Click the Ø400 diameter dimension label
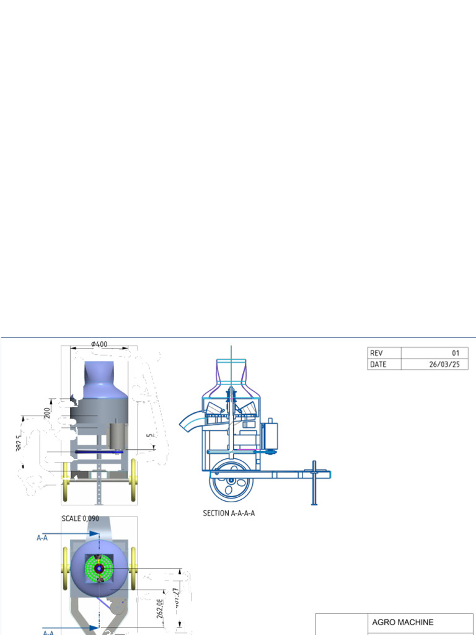point(99,344)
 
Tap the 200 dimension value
point(47,412)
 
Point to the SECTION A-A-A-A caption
point(229,513)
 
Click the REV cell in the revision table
point(376,353)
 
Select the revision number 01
point(456,353)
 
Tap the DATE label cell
point(378,364)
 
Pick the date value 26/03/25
point(444,364)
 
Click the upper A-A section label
point(42,538)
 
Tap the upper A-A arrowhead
point(94,533)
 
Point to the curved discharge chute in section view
point(190,423)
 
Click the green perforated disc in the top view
point(99,568)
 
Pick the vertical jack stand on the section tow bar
point(315,482)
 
